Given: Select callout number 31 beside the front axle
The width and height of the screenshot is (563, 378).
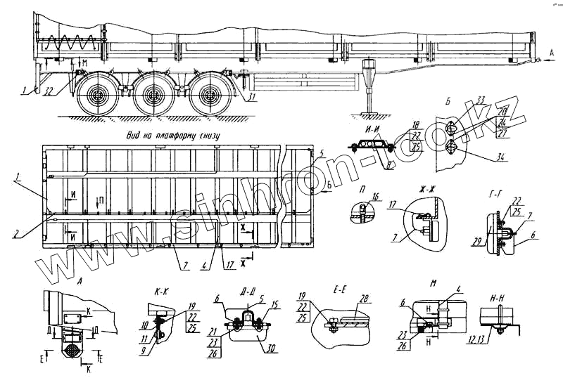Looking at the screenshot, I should pos(250,97).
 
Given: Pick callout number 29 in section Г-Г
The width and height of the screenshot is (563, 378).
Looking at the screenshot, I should pos(479,242).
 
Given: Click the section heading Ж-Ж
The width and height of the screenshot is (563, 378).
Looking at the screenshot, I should pos(428,188).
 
